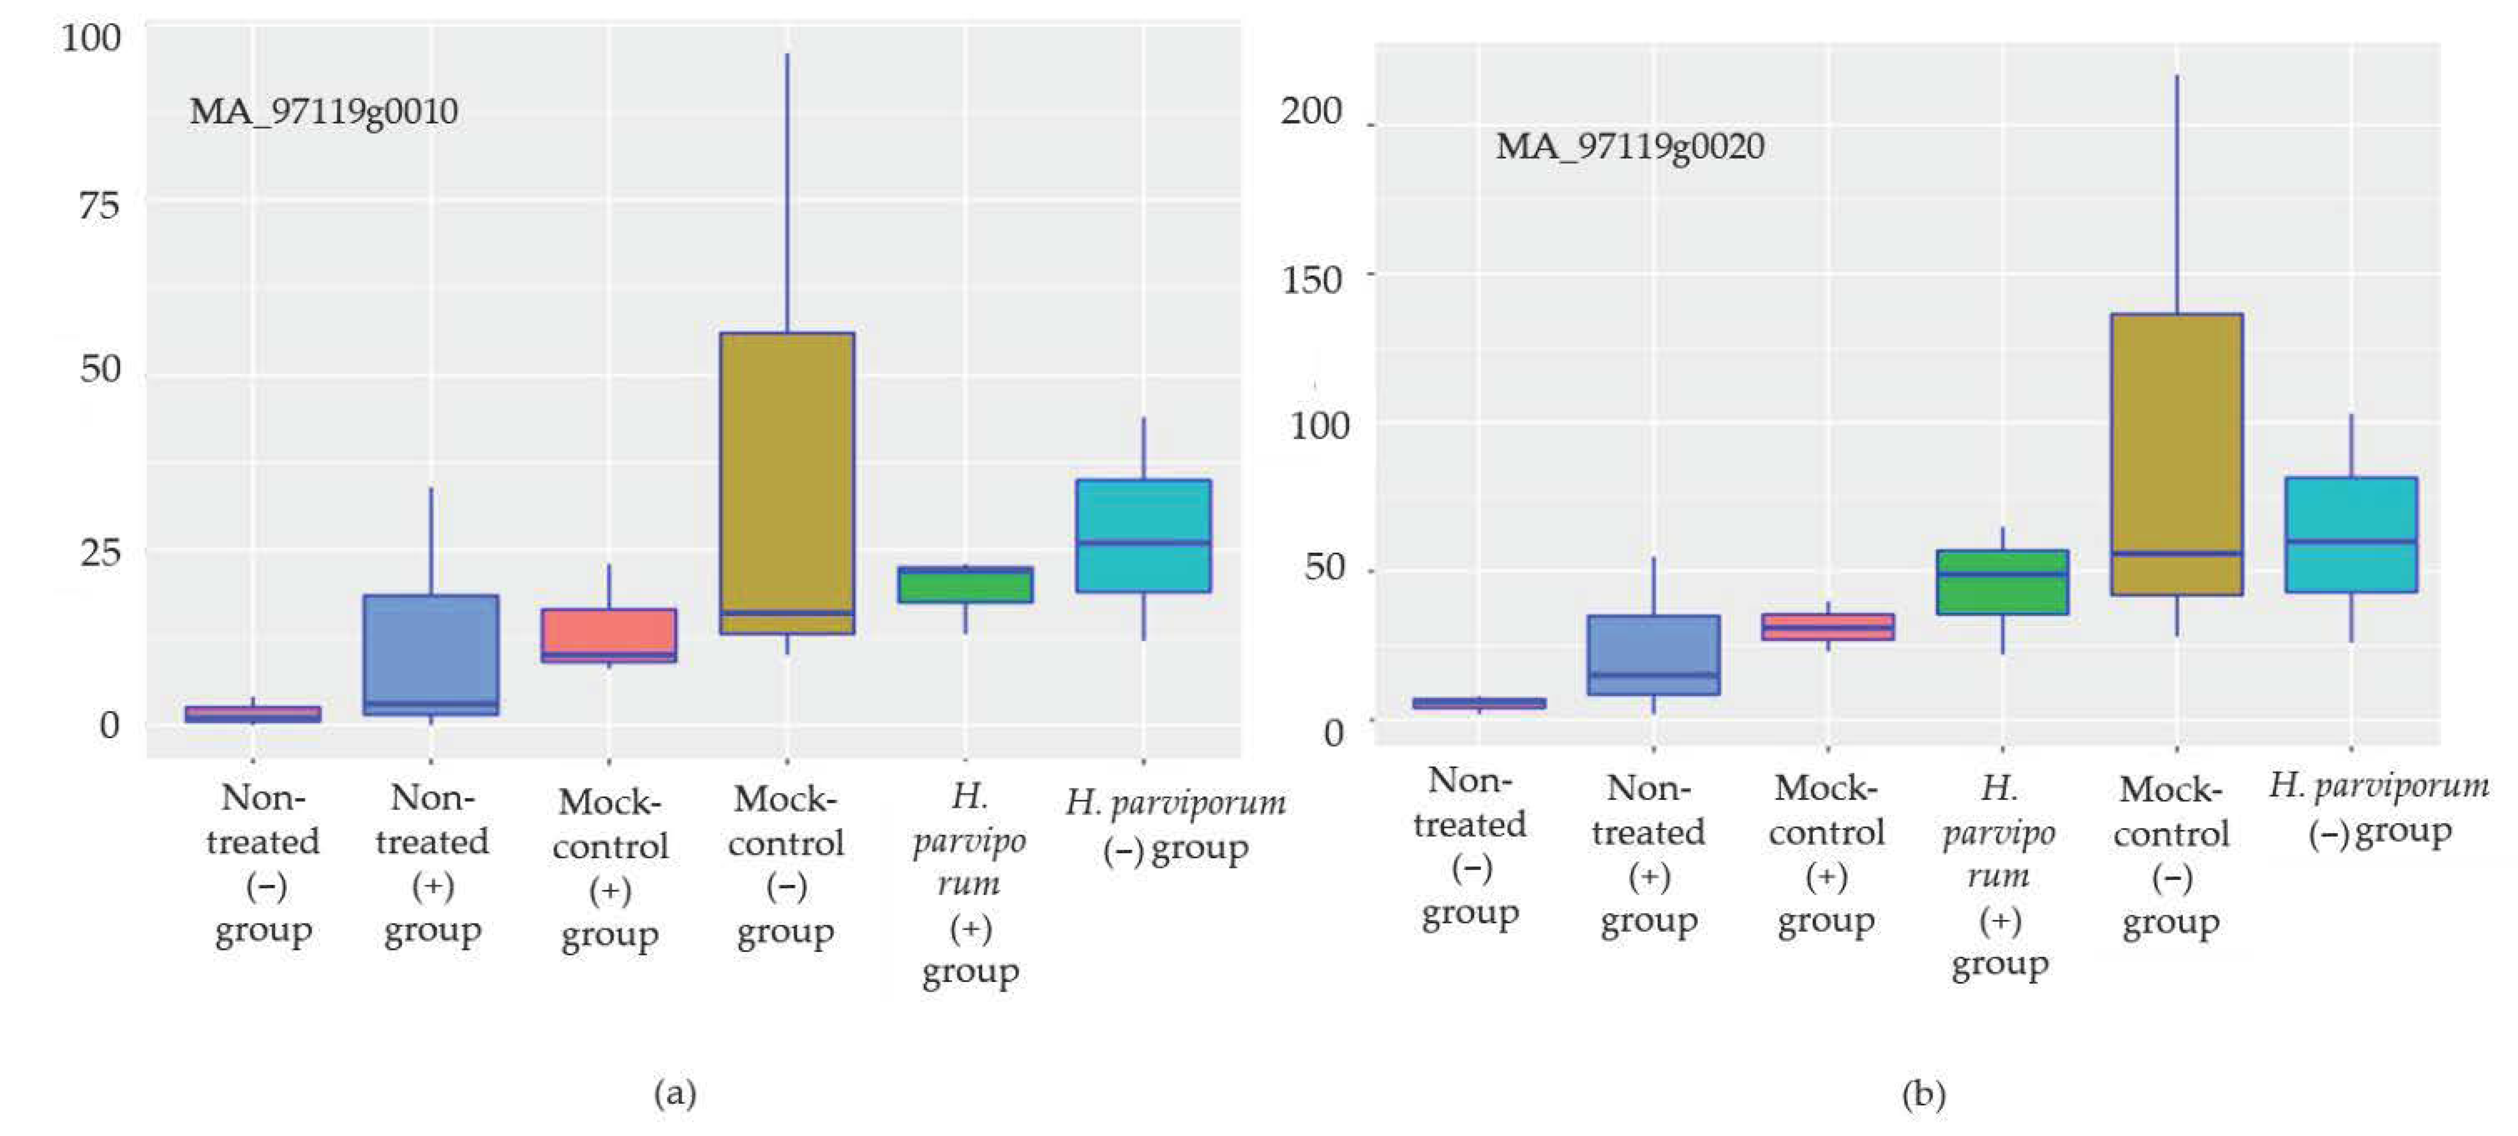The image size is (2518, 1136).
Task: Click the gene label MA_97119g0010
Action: click(323, 111)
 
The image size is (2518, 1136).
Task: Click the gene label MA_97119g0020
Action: click(1630, 147)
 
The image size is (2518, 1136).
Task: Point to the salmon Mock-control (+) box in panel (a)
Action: click(609, 635)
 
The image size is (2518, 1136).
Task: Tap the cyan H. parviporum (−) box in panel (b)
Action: click(2351, 535)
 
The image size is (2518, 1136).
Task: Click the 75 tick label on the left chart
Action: click(99, 206)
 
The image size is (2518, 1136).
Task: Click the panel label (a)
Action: click(674, 1092)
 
